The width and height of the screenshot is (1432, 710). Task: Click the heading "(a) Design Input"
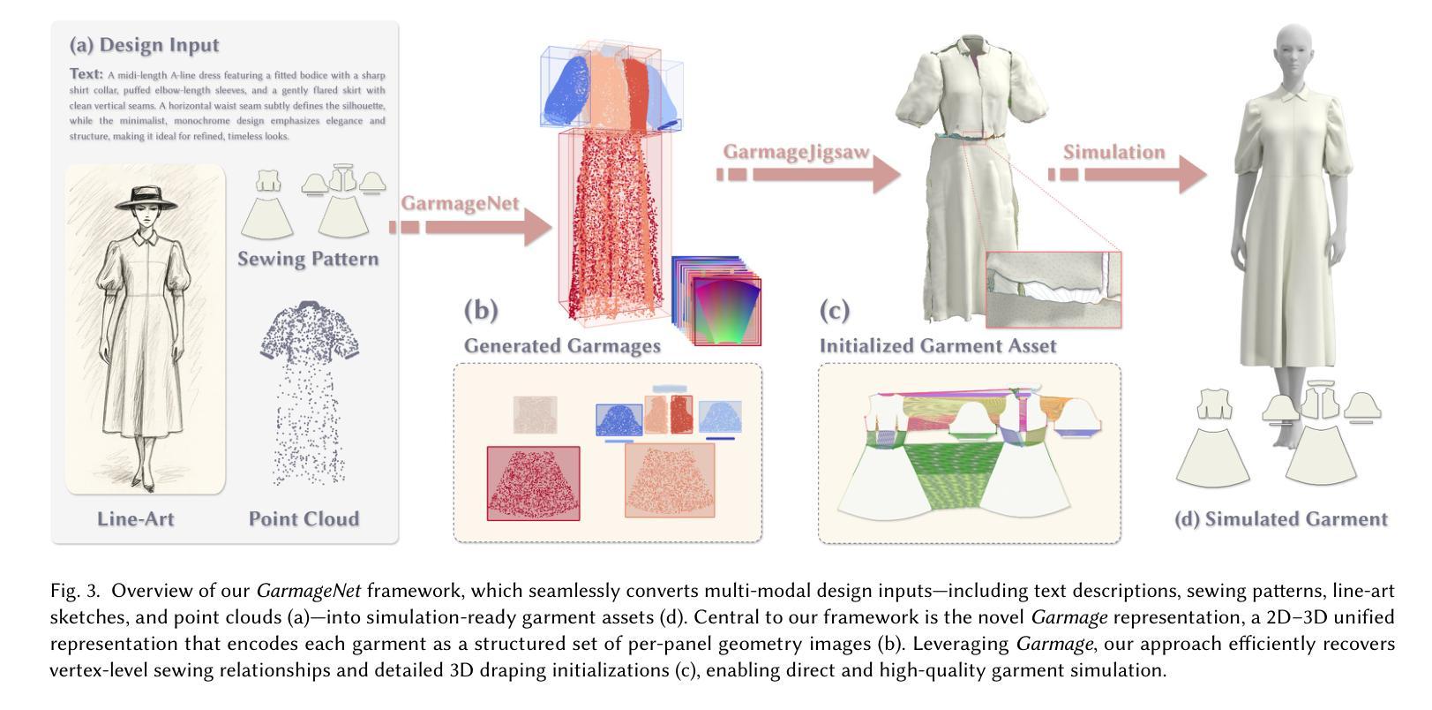point(145,45)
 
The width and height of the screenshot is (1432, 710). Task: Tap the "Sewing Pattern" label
point(308,259)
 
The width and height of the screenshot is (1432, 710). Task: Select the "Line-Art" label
point(135,519)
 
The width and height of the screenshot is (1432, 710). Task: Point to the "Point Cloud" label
point(304,519)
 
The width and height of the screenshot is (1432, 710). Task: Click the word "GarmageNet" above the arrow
point(459,203)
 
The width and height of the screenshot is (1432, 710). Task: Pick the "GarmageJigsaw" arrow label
point(796,152)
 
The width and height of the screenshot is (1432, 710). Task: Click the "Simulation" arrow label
point(1113,152)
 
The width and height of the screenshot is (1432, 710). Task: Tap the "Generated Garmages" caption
point(562,345)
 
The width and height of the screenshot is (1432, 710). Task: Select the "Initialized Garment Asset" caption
point(938,345)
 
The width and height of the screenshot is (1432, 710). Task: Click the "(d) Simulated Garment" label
point(1280,519)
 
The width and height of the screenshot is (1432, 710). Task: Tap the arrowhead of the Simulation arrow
point(1192,175)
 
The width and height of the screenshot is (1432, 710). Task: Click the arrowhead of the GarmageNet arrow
point(536,228)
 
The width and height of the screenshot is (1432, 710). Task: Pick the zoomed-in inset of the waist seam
point(1053,290)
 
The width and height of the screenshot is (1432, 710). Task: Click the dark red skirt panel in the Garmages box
point(533,483)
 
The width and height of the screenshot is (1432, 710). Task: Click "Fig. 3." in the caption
point(77,591)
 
